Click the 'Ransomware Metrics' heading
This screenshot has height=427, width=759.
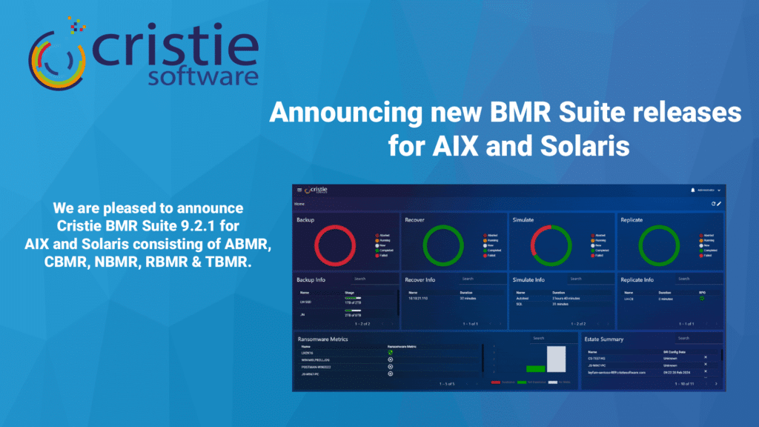pos(322,340)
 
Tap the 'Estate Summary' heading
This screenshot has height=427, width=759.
pos(606,340)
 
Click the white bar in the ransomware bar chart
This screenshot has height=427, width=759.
pos(556,358)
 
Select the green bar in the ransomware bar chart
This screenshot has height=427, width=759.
pos(535,368)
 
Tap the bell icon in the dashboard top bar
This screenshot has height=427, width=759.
pos(692,191)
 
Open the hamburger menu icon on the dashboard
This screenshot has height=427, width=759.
pos(299,191)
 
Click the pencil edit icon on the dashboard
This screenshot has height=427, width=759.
pos(719,203)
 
